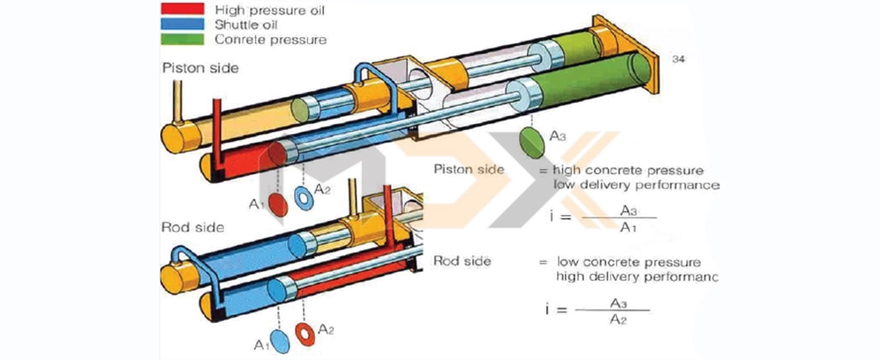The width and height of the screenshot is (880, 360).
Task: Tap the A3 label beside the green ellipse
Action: tap(558, 136)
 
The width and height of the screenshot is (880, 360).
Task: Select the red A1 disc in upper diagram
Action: tap(277, 205)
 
